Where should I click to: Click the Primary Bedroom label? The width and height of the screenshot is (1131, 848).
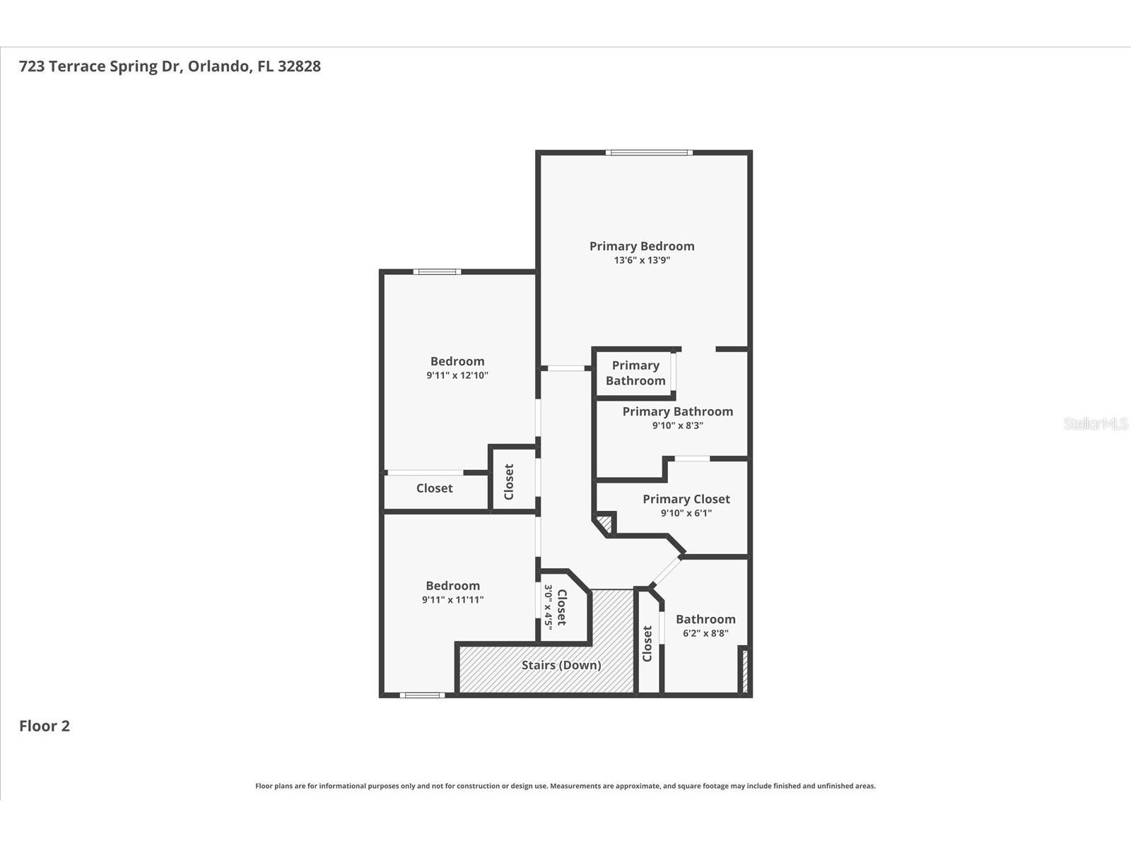click(x=642, y=246)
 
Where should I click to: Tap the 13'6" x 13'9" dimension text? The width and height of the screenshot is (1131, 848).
click(x=642, y=260)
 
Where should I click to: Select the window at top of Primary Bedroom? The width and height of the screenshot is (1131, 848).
click(x=648, y=153)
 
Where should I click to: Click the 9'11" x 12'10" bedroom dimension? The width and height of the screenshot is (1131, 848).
click(x=457, y=375)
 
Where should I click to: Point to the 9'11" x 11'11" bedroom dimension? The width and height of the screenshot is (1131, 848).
click(x=452, y=600)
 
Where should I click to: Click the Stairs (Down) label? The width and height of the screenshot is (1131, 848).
click(x=561, y=665)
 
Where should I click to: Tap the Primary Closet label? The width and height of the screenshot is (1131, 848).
click(x=686, y=499)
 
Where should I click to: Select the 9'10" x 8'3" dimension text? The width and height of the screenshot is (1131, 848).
click(x=677, y=425)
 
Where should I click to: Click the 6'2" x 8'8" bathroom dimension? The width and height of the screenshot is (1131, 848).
click(x=705, y=633)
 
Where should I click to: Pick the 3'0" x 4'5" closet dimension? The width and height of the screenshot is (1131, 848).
click(x=548, y=607)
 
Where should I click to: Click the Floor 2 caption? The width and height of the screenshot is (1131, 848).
click(x=45, y=726)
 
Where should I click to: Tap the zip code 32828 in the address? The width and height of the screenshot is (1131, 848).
click(x=299, y=66)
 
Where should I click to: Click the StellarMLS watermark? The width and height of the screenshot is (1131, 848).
click(x=1095, y=423)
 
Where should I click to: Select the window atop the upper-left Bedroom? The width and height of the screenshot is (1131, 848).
click(x=437, y=271)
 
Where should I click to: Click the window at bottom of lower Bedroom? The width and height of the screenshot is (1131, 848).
click(x=422, y=695)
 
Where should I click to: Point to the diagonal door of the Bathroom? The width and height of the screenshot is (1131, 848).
click(x=665, y=572)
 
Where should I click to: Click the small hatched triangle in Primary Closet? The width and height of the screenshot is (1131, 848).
click(x=604, y=524)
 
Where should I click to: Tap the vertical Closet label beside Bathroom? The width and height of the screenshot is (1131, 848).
click(x=647, y=644)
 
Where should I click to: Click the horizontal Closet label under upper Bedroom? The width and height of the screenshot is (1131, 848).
click(x=434, y=488)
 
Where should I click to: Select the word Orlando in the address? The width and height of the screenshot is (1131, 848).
click(x=218, y=66)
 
